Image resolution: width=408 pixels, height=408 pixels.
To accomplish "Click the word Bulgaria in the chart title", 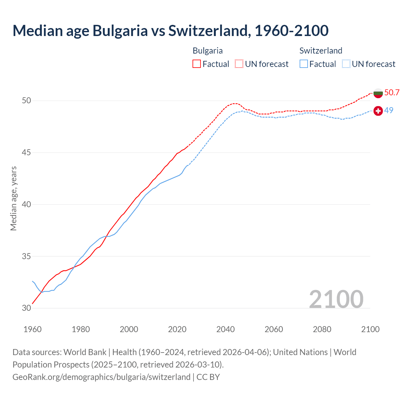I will pyautogui.click(x=120, y=31).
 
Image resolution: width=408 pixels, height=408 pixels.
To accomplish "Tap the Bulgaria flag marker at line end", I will pyautogui.click(x=378, y=93).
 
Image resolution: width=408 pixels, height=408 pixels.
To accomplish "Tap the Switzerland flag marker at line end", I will pyautogui.click(x=378, y=111).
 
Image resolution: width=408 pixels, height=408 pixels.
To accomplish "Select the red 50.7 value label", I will pyautogui.click(x=392, y=93).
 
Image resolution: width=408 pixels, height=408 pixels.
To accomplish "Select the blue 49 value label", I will pyautogui.click(x=389, y=111).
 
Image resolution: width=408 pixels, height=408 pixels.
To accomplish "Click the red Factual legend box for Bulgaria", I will pyautogui.click(x=197, y=64).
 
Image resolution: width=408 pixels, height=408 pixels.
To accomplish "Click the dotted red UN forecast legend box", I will pyautogui.click(x=239, y=64).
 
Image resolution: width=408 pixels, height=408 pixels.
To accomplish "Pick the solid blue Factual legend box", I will pyautogui.click(x=304, y=64).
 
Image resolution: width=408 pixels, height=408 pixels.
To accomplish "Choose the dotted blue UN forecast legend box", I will pyautogui.click(x=346, y=64).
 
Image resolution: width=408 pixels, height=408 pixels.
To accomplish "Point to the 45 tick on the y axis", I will pyautogui.click(x=26, y=153).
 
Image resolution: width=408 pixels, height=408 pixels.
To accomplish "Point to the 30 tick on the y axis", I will pyautogui.click(x=26, y=308).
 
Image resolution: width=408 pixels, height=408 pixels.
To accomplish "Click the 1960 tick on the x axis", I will pyautogui.click(x=33, y=329).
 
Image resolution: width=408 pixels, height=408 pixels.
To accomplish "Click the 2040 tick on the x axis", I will pyautogui.click(x=225, y=329).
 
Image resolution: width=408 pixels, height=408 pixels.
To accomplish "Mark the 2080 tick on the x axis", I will pyautogui.click(x=322, y=329).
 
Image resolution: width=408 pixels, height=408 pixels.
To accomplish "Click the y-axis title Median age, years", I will pyautogui.click(x=13, y=198).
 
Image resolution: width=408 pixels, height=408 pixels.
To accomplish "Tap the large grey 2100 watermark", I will pyautogui.click(x=336, y=299).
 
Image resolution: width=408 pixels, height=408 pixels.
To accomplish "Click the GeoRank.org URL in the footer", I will pyautogui.click(x=101, y=377).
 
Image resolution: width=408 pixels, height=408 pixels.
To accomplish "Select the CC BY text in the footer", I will pyautogui.click(x=208, y=377).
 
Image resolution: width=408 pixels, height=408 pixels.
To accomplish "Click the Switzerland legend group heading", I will pyautogui.click(x=321, y=51).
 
